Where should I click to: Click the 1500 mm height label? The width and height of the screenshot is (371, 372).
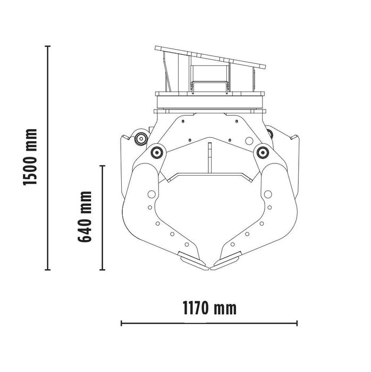coord(31,157)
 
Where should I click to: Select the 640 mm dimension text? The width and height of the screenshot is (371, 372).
coord(85,216)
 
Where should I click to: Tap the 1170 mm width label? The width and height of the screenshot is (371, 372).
coord(209,308)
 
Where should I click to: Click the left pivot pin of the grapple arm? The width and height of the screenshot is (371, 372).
coord(157,153)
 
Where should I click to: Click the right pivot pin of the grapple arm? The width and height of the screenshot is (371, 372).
coord(261,153)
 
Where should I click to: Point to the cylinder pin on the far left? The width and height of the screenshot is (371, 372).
coord(141,139)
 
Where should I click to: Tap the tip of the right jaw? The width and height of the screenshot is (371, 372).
coord(215,264)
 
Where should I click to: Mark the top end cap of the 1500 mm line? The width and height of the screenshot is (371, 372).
coord(48,46)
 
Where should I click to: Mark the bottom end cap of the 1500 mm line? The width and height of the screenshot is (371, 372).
coord(48,270)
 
